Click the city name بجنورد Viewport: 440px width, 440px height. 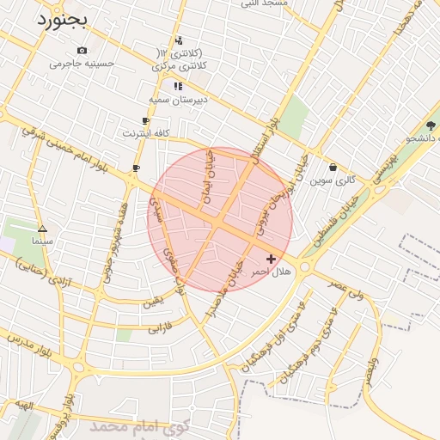click(64, 21)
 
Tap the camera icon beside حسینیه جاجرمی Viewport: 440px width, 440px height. click(82, 51)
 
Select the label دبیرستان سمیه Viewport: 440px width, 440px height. click(178, 100)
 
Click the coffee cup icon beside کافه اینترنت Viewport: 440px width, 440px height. click(145, 121)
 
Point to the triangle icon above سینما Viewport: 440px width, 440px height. click(43, 229)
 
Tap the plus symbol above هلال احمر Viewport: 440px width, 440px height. click(272, 259)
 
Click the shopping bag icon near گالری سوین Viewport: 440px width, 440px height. click(333, 168)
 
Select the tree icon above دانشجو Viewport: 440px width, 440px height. click(431, 125)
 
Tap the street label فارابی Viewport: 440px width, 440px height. click(161, 327)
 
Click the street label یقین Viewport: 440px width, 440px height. click(151, 302)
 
